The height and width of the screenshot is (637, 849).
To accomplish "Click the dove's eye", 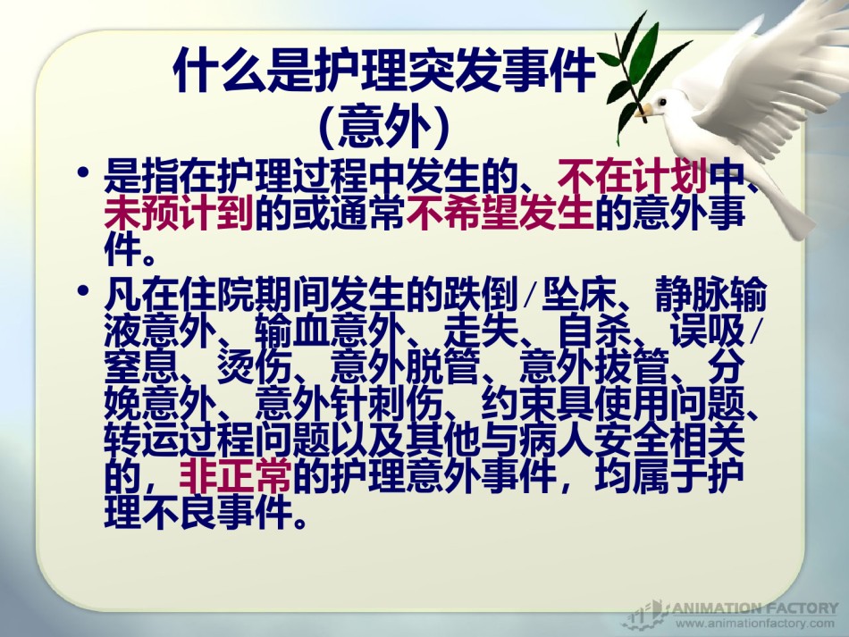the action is coord(661,102).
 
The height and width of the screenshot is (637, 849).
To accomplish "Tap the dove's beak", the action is coord(643,112).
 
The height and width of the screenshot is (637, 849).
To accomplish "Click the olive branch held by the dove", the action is coord(636,76).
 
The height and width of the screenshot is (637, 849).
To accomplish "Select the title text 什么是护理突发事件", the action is coord(385,71).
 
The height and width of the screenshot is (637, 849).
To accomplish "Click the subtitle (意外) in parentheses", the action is coord(385,127).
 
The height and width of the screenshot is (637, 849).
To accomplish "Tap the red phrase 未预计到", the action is coord(179,213).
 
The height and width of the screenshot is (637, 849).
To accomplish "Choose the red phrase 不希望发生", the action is coord(500,213).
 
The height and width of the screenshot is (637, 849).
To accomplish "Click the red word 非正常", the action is coord(235,476).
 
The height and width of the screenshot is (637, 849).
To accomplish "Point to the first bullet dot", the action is coord(83,172).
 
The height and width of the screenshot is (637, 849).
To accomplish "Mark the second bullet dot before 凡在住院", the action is coord(83,290).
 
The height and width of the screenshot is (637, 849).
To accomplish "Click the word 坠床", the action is coord(579,295).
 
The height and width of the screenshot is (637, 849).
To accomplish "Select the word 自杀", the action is coord(594,331).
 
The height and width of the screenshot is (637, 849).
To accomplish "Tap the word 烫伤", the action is coord(255,367).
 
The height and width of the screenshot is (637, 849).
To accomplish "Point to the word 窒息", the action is coord(141,367).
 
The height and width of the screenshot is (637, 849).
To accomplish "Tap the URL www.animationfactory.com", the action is coord(755,623).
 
